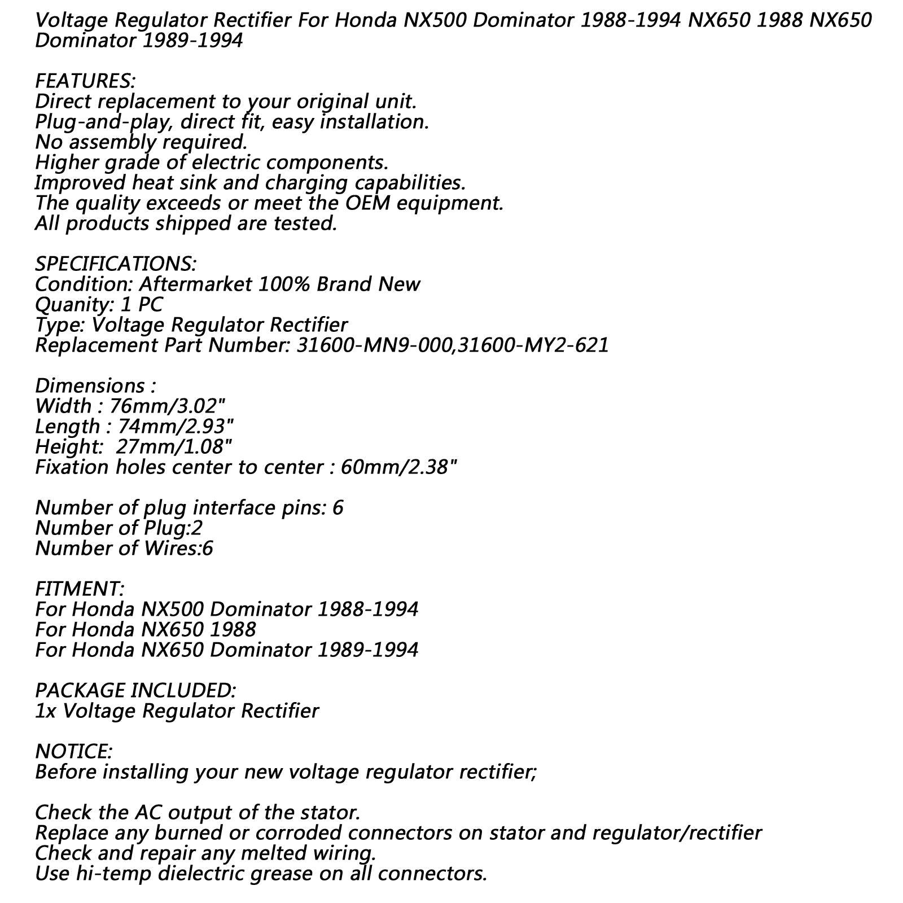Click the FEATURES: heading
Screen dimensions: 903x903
pos(85,81)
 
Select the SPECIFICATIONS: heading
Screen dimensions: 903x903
pos(116,264)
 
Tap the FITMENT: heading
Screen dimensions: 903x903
pos(80,589)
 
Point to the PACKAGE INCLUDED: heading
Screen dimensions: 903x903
pos(135,691)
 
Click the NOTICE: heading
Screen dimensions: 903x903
pos(74,752)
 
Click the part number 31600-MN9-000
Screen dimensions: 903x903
pos(375,345)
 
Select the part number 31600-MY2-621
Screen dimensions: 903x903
pos(534,345)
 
